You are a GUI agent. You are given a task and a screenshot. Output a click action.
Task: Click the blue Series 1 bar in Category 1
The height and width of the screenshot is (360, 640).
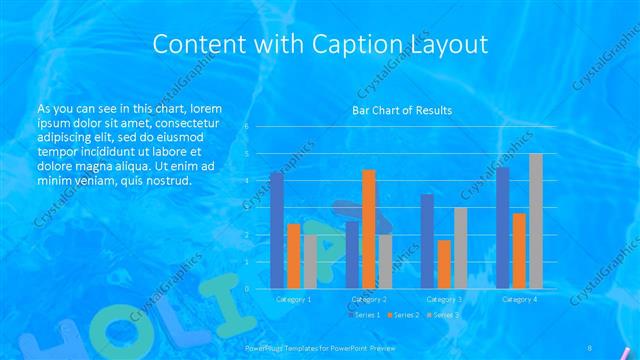pyautogui.click(x=277, y=230)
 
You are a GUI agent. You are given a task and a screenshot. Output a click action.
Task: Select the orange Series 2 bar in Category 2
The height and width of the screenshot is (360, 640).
pyautogui.click(x=369, y=229)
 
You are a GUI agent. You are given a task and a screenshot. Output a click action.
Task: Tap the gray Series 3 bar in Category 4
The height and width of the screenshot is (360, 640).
pyautogui.click(x=536, y=221)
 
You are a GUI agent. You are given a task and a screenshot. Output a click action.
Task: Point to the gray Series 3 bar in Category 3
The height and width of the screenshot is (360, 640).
pyautogui.click(x=460, y=248)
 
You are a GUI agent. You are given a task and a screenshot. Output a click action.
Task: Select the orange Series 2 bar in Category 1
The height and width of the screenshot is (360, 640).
pyautogui.click(x=294, y=256)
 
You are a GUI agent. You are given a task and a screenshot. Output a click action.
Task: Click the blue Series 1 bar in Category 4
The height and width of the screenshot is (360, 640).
pyautogui.click(x=502, y=228)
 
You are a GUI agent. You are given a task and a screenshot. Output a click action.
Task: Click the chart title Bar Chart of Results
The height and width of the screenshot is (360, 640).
pyautogui.click(x=402, y=110)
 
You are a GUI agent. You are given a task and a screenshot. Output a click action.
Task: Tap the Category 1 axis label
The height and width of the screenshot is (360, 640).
pyautogui.click(x=293, y=299)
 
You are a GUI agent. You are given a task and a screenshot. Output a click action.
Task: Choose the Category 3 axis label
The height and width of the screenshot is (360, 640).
pyautogui.click(x=444, y=299)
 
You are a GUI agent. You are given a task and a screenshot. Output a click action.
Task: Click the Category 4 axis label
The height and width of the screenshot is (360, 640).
pyautogui.click(x=519, y=299)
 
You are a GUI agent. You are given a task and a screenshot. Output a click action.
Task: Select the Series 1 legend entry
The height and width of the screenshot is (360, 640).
pyautogui.click(x=364, y=315)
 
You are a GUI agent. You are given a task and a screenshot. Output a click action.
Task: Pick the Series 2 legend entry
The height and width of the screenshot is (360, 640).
pyautogui.click(x=404, y=315)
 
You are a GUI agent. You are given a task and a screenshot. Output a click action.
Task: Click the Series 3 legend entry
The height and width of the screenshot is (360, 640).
pyautogui.click(x=444, y=315)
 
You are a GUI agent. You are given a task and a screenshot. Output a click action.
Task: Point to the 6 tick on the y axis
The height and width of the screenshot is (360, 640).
pyautogui.click(x=246, y=127)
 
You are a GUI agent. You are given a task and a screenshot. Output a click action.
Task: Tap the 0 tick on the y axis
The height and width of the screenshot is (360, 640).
pyautogui.click(x=246, y=289)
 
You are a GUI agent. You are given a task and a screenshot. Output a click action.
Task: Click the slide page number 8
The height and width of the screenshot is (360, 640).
pyautogui.click(x=590, y=347)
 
